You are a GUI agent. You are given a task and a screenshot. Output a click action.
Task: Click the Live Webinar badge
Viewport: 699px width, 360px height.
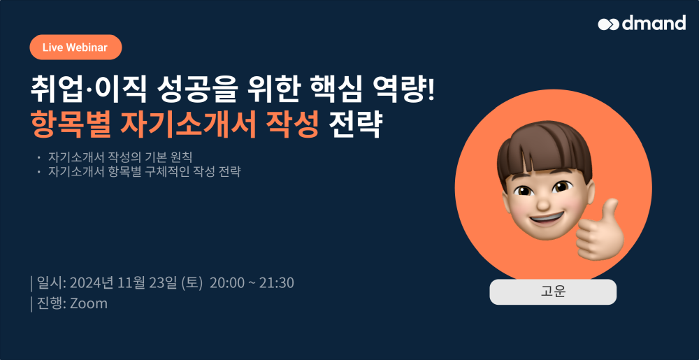pos(75,48)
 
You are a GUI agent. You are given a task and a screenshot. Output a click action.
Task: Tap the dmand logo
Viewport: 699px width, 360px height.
pos(642,23)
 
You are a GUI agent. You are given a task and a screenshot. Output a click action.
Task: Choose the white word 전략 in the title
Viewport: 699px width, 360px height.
pos(354,122)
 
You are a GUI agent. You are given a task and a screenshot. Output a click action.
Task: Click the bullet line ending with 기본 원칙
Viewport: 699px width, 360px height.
pos(121,157)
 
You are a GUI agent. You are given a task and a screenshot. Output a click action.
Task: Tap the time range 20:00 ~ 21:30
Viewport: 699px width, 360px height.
pos(252,282)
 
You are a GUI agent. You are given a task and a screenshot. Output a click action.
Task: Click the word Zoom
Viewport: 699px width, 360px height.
pos(89,303)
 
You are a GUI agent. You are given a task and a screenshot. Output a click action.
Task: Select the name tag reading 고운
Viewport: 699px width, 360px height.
pos(553,292)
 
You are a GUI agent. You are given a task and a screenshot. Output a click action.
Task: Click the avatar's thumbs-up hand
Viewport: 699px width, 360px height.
pos(599,231)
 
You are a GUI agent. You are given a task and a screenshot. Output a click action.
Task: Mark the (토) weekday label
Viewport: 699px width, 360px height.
pos(192,282)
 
